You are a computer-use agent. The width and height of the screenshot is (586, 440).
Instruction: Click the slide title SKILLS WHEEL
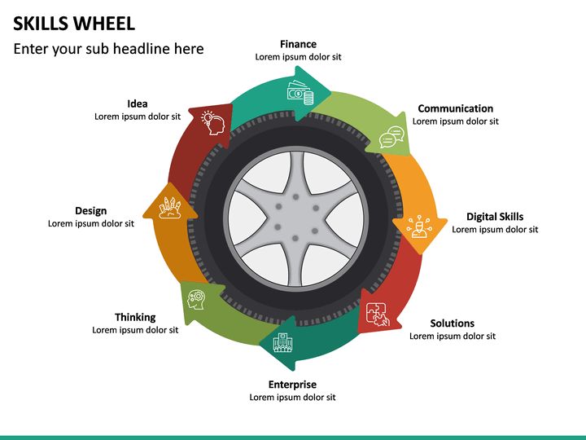[x=74, y=23]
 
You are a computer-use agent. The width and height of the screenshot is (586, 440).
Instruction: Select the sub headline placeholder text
[x=108, y=49]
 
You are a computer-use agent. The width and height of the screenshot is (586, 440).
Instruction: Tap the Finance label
[x=298, y=44]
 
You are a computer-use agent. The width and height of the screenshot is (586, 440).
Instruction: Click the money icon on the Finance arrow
[x=300, y=93]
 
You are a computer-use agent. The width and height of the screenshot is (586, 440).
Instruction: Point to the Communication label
[x=455, y=108]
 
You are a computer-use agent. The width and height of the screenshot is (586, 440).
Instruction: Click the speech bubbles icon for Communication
[x=391, y=138]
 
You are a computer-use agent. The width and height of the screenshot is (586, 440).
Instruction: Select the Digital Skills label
[x=495, y=217]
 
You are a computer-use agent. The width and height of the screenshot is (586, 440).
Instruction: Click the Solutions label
[x=452, y=323]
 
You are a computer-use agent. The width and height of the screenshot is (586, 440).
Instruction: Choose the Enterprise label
[x=292, y=385]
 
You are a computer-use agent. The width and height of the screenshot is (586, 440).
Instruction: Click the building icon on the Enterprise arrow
[x=282, y=342]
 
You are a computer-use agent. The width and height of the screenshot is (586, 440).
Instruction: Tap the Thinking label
[x=135, y=317]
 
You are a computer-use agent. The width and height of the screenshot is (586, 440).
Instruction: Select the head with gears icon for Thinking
[x=196, y=300]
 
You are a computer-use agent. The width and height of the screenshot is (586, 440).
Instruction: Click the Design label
[x=90, y=211]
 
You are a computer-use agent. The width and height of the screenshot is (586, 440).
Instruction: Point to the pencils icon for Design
[x=170, y=207]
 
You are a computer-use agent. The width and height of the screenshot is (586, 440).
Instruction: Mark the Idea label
[x=138, y=103]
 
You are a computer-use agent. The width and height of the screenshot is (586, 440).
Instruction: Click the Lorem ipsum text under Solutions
[x=452, y=337]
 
